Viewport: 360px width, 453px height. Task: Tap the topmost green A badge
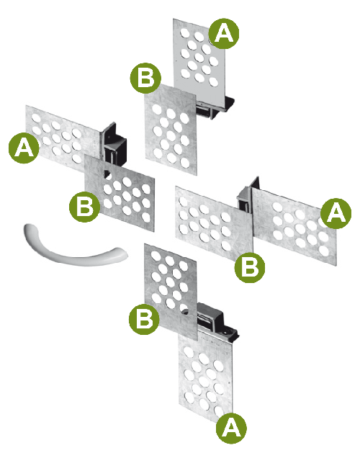(x=224, y=34)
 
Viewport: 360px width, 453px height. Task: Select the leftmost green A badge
(x=24, y=148)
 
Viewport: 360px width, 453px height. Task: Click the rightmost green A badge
(x=336, y=213)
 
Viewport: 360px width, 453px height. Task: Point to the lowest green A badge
(x=231, y=429)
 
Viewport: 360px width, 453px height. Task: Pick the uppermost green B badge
(x=145, y=78)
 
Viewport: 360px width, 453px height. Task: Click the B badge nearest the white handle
(x=84, y=207)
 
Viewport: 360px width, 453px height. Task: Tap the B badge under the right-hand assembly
(x=250, y=267)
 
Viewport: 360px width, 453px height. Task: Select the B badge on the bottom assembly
(x=144, y=319)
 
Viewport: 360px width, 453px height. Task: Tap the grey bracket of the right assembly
(x=248, y=197)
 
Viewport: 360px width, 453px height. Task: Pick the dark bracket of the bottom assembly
(x=217, y=320)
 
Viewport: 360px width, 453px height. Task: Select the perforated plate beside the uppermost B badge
(x=171, y=130)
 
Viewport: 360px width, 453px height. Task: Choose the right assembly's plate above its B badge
(x=214, y=223)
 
